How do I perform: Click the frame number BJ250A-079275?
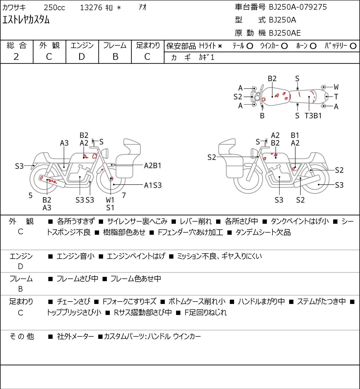click(x=298, y=7)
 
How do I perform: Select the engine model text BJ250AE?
click(x=285, y=33)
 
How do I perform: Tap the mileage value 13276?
click(x=91, y=8)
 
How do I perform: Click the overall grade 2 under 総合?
click(x=16, y=57)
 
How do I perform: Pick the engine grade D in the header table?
click(x=82, y=57)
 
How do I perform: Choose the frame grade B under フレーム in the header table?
click(x=115, y=57)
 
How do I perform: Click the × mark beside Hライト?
click(x=220, y=46)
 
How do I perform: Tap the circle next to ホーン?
click(x=313, y=46)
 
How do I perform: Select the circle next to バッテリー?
click(x=353, y=46)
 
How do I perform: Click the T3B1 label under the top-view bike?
click(x=313, y=116)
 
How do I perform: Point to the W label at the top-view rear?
click(x=336, y=87)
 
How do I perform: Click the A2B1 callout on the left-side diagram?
click(x=152, y=166)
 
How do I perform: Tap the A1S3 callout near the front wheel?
click(x=153, y=185)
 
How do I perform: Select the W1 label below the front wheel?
click(x=110, y=200)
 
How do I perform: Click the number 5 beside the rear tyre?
click(x=30, y=196)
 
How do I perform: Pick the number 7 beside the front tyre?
click(x=124, y=195)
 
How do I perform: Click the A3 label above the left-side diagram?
click(x=64, y=143)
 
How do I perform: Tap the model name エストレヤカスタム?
click(x=26, y=20)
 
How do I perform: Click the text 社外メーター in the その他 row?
click(x=75, y=336)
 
